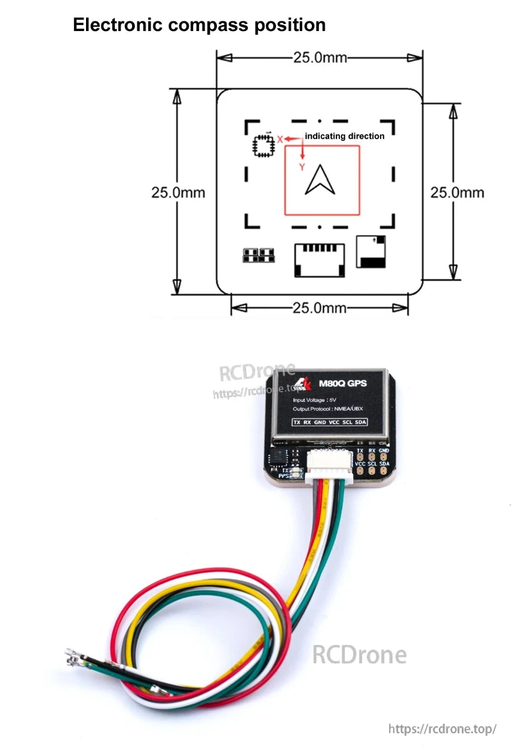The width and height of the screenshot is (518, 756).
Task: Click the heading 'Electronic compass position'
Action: point(199,25)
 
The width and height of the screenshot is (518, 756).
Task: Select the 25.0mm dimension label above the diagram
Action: point(320,58)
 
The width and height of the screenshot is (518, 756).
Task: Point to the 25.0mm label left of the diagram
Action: point(177,193)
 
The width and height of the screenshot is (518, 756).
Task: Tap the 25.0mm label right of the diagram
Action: point(457,193)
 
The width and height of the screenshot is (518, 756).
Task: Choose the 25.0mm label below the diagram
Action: point(320,308)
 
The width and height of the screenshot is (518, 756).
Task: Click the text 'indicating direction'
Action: point(345,136)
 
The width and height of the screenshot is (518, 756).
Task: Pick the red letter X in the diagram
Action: point(280,139)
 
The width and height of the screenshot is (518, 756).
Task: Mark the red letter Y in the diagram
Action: point(302,167)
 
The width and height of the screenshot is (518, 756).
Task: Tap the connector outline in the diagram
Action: point(320,260)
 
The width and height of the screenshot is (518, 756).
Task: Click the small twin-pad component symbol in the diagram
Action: point(259,255)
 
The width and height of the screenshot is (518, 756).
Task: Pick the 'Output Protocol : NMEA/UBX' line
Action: point(328,409)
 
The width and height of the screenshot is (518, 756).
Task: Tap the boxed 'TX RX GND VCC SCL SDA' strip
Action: point(329,422)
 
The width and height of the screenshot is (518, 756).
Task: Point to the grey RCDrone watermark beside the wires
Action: point(359,654)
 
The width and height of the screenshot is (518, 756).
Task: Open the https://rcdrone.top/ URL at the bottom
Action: point(442,729)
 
